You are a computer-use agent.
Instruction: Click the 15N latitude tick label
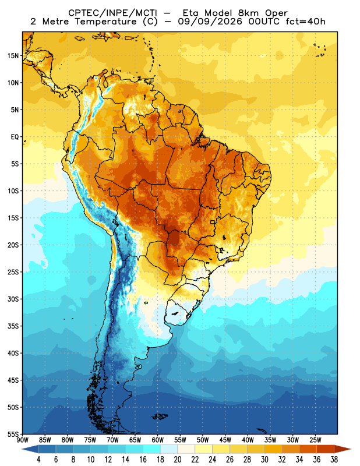click(13, 55)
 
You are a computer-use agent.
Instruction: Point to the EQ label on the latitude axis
click(15, 137)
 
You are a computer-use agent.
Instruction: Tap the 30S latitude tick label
click(13, 299)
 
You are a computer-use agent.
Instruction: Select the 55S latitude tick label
click(13, 434)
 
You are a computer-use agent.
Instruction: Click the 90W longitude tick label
click(22, 440)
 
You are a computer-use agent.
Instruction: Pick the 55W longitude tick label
click(180, 440)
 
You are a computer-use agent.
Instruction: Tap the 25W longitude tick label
click(315, 440)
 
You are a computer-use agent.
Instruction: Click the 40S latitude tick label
click(13, 353)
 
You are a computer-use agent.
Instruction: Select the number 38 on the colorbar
click(334, 460)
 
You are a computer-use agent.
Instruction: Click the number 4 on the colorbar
click(38, 460)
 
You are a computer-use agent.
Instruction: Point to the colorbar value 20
click(178, 460)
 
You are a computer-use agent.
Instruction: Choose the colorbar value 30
click(264, 460)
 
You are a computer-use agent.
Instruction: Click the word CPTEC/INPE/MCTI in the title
click(113, 13)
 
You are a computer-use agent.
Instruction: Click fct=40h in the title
click(306, 22)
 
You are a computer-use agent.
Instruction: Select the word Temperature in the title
click(105, 22)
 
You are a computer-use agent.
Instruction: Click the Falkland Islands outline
click(160, 416)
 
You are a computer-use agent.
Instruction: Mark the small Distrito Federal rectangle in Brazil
click(213, 222)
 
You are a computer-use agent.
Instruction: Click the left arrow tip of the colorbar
click(22, 449)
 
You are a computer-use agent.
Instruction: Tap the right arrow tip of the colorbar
click(351, 449)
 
